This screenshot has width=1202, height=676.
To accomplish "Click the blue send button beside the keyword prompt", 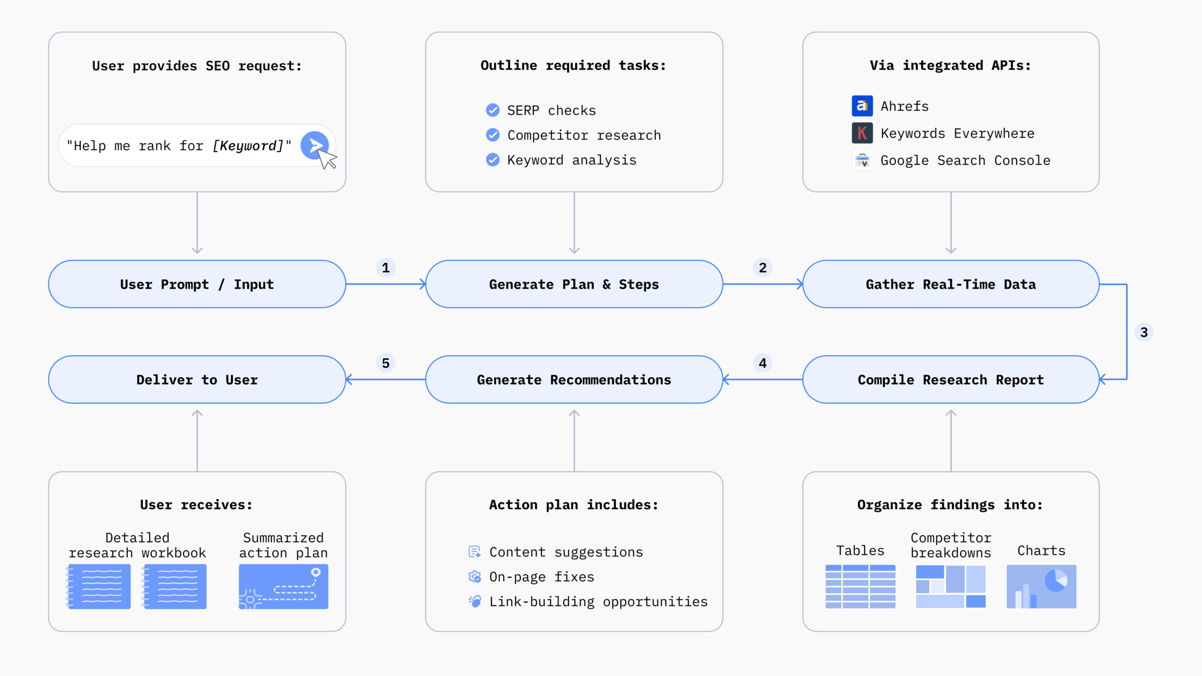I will pos(314,145).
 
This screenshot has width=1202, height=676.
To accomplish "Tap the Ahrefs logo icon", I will pos(862,106).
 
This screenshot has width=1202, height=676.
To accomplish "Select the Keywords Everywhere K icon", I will pos(862,133).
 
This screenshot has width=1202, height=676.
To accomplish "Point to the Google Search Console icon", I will pos(862,161).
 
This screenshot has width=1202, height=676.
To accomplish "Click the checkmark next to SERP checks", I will pos(493,110).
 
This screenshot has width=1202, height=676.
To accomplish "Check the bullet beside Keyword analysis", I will pos(493,160).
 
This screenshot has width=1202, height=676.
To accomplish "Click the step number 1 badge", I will pos(385,268).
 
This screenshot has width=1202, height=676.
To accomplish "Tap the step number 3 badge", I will pos(1144,332).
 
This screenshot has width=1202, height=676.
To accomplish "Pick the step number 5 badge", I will pos(385,363).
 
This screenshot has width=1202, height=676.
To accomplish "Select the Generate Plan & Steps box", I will pos(574,284).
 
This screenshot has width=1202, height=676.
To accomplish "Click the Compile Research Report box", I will pos(950,380).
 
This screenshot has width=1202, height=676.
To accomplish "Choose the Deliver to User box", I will pos(197,380).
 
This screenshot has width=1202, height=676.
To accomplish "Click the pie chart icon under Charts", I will pos(1041,586).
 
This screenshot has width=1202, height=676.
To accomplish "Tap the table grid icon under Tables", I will pos(860,586).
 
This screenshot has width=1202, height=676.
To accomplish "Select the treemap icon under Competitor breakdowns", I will pos(950,586).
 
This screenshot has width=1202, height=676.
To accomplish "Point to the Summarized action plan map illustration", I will pos(283,586).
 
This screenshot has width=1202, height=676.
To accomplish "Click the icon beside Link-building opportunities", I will pos(475,601).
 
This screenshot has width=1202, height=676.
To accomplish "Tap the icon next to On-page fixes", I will pos(475,576).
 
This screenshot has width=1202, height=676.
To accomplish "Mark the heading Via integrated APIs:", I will pos(950,66).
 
